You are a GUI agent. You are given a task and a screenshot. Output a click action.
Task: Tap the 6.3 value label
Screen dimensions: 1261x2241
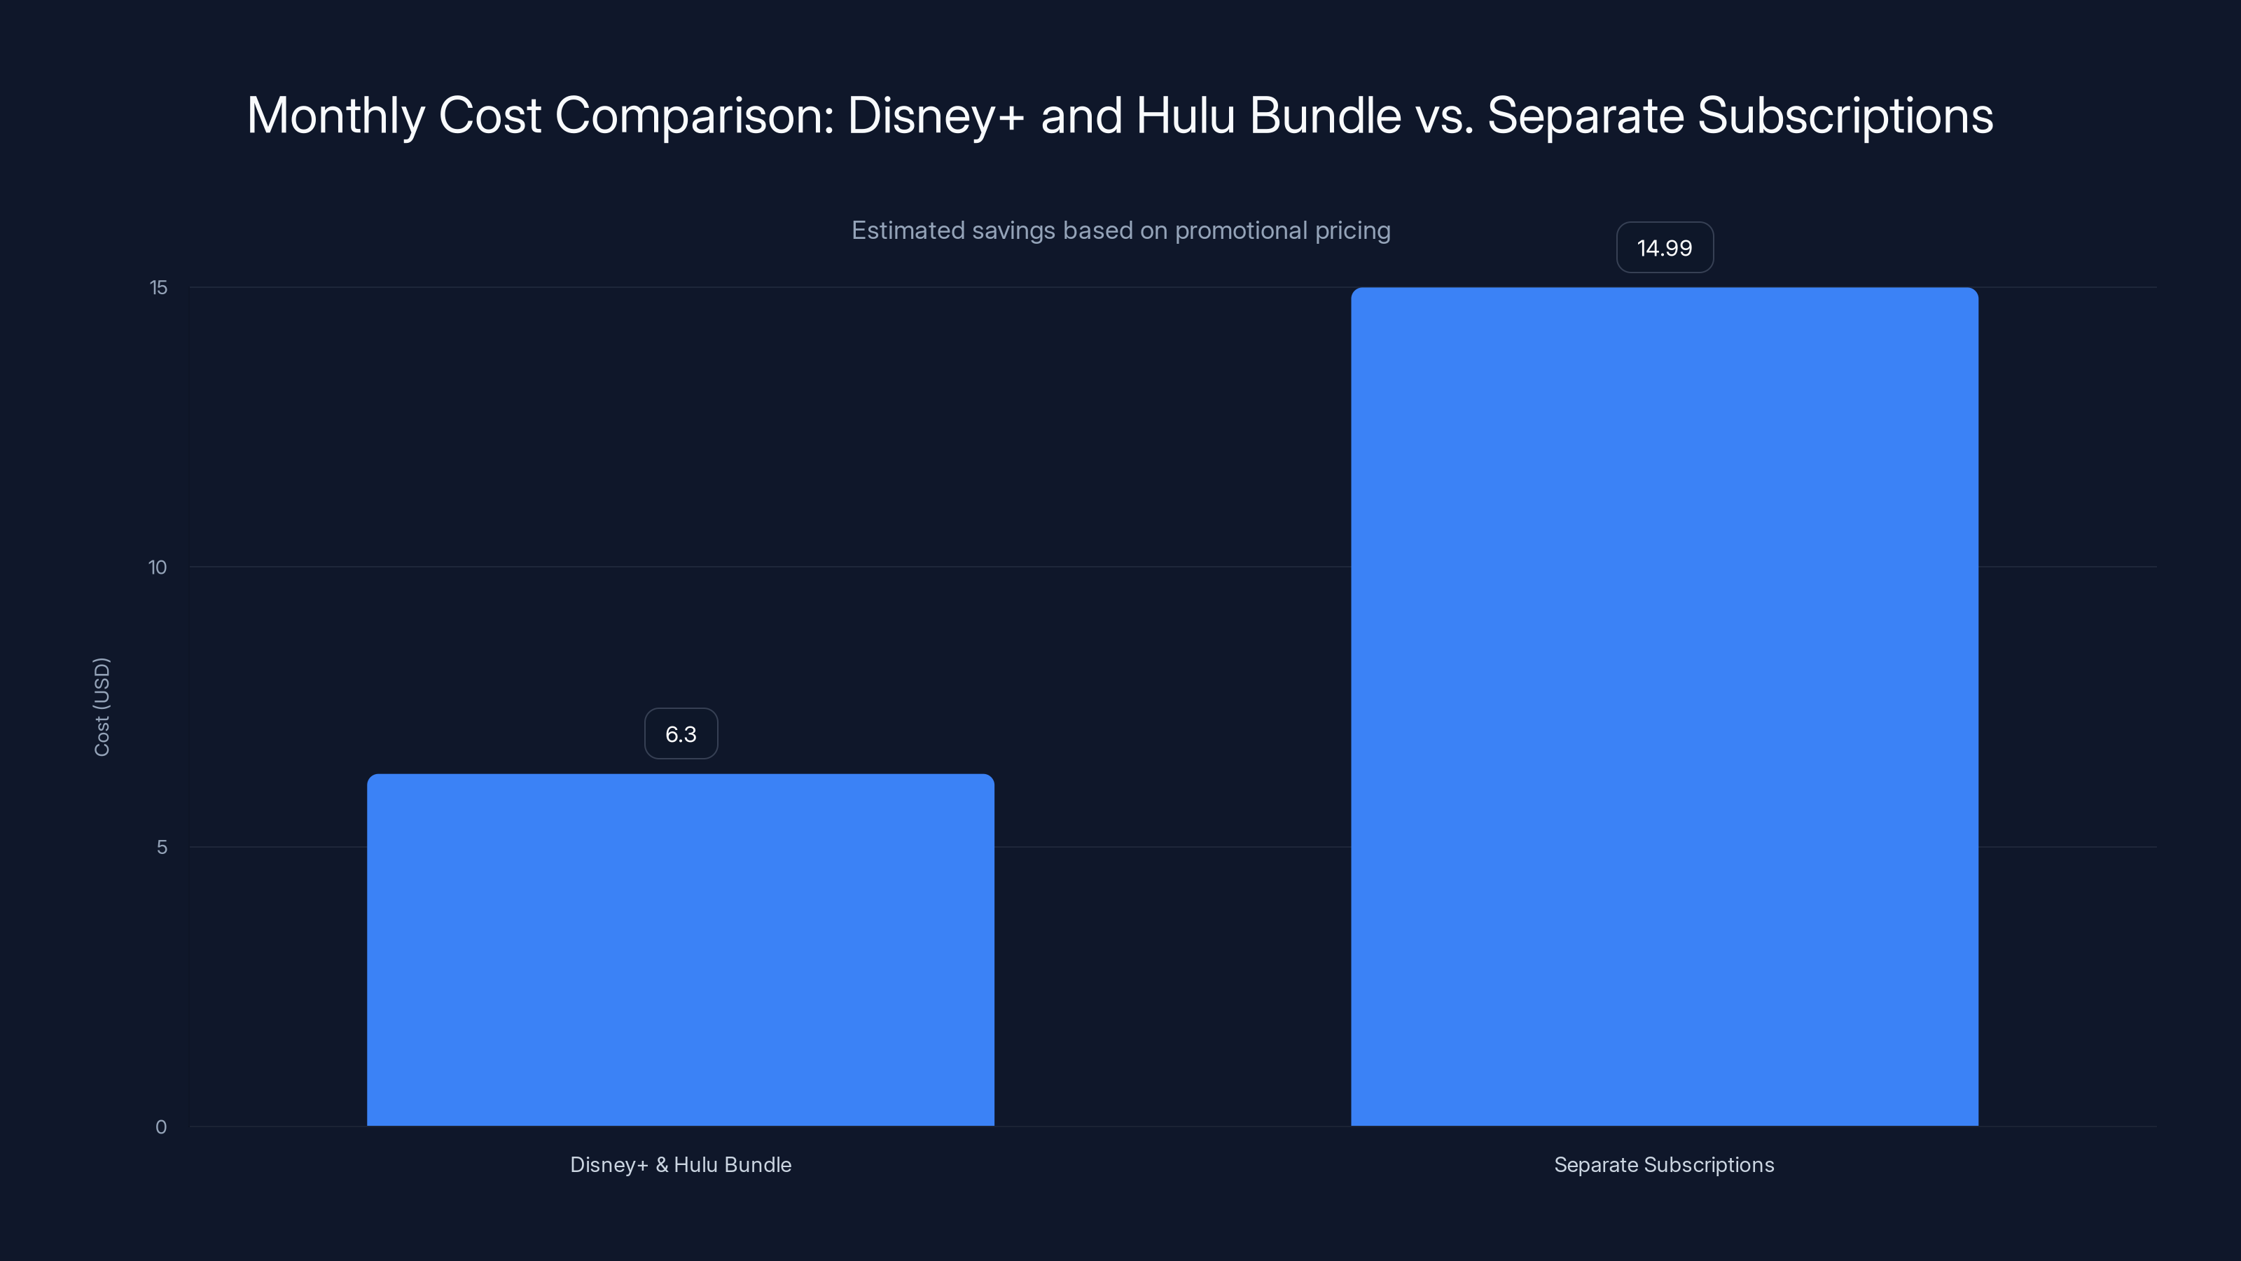pyautogui.click(x=680, y=733)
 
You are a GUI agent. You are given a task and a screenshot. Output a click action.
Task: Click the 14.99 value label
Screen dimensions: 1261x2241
pyautogui.click(x=1664, y=248)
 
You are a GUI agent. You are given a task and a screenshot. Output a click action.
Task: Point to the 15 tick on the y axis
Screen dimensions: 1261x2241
pyautogui.click(x=158, y=287)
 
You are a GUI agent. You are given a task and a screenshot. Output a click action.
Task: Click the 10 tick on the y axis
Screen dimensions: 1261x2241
pyautogui.click(x=158, y=567)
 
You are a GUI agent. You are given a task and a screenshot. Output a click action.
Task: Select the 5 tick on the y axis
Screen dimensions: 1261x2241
pyautogui.click(x=162, y=847)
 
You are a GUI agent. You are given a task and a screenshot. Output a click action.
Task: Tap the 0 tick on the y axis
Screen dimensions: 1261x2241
pyautogui.click(x=161, y=1127)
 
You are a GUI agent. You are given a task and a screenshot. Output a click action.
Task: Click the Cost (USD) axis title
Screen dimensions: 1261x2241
pyautogui.click(x=102, y=707)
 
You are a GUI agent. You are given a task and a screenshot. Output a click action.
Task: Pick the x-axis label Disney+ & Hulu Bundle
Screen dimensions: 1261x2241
pyautogui.click(x=680, y=1164)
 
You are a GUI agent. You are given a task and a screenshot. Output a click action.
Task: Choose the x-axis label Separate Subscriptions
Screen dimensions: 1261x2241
pyautogui.click(x=1663, y=1164)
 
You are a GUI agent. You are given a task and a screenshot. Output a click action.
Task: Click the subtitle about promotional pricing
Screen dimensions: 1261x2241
pyautogui.click(x=1120, y=230)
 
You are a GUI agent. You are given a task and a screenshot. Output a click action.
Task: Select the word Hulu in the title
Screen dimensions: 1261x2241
pyautogui.click(x=1185, y=116)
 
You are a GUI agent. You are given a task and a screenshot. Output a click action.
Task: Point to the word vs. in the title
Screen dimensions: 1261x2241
pyautogui.click(x=1445, y=116)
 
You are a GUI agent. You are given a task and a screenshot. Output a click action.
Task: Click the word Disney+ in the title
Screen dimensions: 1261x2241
pyautogui.click(x=936, y=116)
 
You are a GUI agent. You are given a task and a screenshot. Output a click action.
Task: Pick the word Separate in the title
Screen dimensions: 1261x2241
pyautogui.click(x=1585, y=116)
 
